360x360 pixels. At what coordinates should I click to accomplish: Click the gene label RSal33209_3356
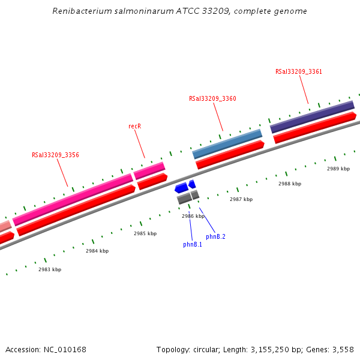[55, 155]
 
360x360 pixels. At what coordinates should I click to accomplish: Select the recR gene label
[134, 126]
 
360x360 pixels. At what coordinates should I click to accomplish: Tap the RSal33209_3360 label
[212, 99]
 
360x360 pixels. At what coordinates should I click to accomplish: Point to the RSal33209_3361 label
[299, 71]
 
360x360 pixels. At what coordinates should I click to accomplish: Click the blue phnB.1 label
[193, 244]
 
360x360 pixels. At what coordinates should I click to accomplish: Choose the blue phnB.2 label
[215, 236]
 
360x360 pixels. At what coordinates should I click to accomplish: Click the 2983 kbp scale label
[50, 269]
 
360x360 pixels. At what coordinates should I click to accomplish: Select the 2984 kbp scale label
[97, 251]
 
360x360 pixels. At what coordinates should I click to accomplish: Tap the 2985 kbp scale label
[145, 233]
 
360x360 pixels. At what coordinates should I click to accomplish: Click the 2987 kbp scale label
[241, 199]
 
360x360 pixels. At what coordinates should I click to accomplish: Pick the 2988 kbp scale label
[290, 184]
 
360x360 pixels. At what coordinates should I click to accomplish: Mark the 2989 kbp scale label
[338, 169]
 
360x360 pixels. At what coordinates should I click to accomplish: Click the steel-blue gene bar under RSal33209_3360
[227, 144]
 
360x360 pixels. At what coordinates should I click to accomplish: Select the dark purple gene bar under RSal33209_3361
[312, 116]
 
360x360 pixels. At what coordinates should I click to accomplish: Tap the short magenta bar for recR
[149, 170]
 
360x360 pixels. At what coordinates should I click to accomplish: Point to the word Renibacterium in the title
[80, 11]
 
